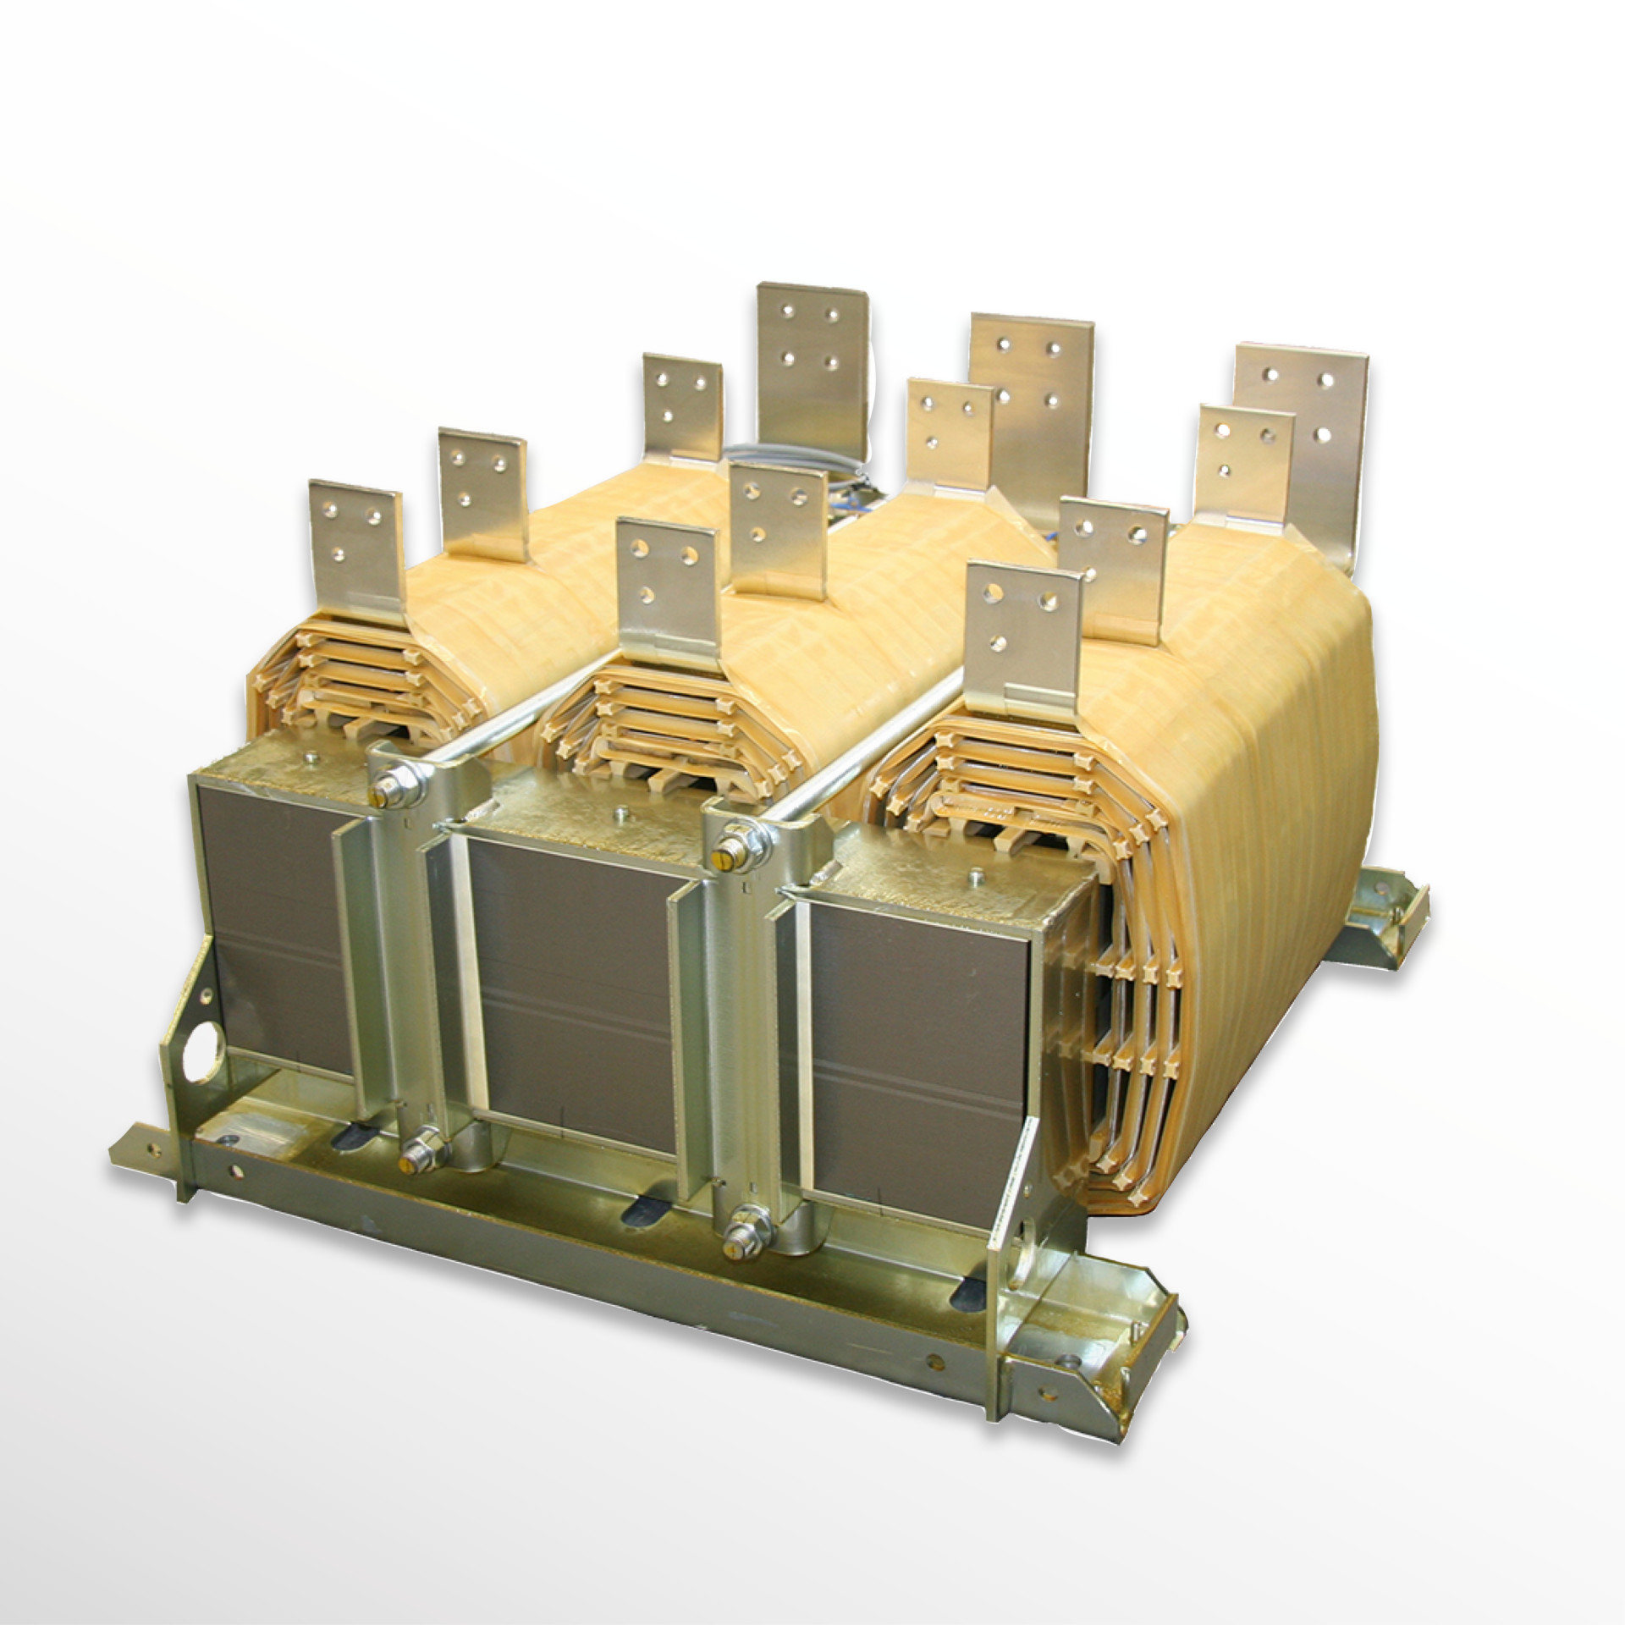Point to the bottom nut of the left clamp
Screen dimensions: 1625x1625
pos(416,1151)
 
